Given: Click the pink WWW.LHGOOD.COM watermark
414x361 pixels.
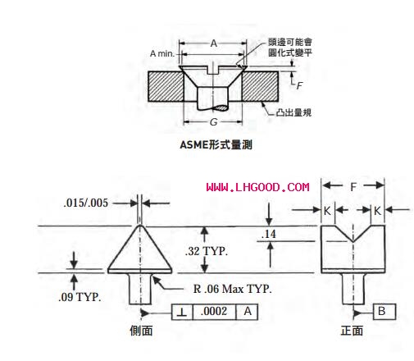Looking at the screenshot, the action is pos(257,187).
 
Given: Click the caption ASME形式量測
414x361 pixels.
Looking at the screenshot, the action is pos(216,144).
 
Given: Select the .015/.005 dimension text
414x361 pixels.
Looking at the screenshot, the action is pos(86,203).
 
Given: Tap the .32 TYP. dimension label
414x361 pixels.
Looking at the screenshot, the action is pos(207,251).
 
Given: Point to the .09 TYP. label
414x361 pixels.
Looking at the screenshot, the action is pos(80,297).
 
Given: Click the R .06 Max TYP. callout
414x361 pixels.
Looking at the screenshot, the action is pos(232,289).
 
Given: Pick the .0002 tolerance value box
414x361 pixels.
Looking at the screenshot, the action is pos(214,312).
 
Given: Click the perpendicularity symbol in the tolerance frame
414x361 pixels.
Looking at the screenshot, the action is pos(182,312).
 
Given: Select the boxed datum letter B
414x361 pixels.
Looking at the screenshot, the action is pos(384,311).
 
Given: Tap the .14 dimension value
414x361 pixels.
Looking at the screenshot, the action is pos(269,234).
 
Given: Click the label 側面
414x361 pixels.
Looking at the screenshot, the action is pos(141,331).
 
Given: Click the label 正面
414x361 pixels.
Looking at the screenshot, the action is pos(352,331).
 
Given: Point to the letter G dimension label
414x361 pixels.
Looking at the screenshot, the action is pos(213,122).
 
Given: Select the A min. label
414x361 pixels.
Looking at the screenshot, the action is pos(162,53).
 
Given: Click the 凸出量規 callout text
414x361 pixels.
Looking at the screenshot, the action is pos(293,112).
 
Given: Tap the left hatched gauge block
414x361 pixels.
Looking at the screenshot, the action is pos(166,87).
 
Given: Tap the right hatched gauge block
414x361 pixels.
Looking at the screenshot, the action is pos(260,87).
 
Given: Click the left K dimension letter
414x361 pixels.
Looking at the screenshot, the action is pos(327,211).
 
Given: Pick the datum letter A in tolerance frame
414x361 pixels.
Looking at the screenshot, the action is pos(248,311).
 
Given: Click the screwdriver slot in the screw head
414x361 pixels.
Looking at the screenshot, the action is pos(213,70).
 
